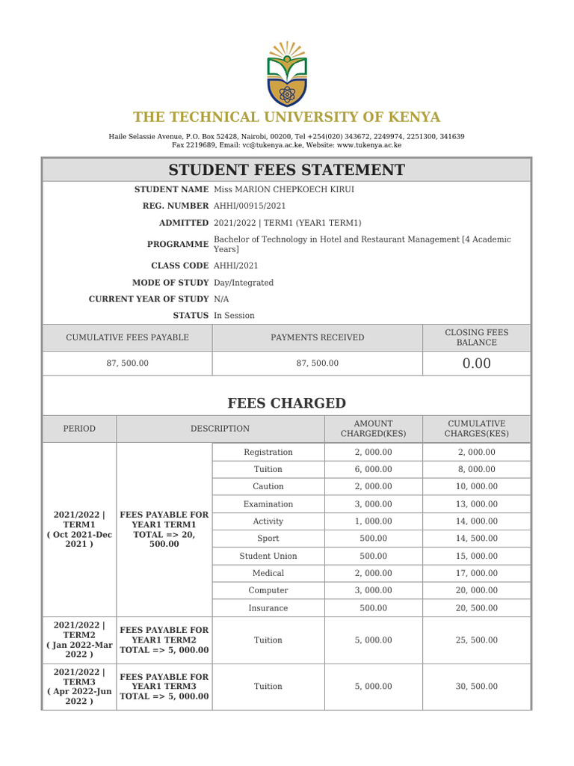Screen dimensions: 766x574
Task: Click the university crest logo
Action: pos(286,73)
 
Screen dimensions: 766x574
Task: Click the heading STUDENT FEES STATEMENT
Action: pos(286,170)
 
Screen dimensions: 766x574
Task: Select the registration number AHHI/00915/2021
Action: pos(250,206)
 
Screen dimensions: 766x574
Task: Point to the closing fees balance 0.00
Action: pos(476,364)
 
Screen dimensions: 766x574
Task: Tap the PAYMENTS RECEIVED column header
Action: pos(317,337)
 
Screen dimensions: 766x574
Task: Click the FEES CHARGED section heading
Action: pos(286,403)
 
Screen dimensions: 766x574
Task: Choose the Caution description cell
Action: pos(268,486)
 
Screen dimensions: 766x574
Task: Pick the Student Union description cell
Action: pos(268,556)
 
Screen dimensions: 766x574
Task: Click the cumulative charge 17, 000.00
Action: pos(476,573)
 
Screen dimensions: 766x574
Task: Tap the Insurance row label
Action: pos(268,608)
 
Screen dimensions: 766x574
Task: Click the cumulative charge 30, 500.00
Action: pos(476,686)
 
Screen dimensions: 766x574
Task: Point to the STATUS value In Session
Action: pos(234,316)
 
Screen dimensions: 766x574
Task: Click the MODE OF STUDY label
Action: pos(170,283)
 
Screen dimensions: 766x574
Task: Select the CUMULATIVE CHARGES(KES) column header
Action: pos(476,429)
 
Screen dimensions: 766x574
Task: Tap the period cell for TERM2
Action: pos(78,640)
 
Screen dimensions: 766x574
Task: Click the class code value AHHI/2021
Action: pos(236,266)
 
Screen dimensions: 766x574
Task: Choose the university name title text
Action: pos(286,117)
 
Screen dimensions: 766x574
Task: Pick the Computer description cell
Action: pos(268,590)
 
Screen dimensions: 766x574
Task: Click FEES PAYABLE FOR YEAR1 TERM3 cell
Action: pos(164,686)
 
